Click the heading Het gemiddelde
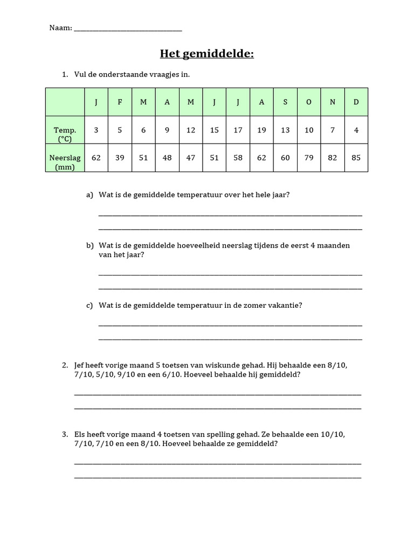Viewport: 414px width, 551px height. click(206, 54)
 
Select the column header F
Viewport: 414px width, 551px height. click(119, 102)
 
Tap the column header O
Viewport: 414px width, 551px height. click(308, 102)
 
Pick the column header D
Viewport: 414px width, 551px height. click(356, 102)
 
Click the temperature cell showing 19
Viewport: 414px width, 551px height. click(261, 130)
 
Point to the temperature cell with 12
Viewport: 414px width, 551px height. click(191, 130)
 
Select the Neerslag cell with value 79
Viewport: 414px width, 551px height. click(308, 158)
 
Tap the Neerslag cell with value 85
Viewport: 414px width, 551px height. click(356, 158)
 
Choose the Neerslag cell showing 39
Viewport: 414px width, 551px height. click(119, 158)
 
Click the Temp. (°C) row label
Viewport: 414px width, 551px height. click(65, 135)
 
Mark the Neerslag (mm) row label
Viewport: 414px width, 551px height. click(65, 163)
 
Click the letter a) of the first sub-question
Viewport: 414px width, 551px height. click(89, 195)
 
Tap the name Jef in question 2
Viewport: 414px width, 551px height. click(80, 365)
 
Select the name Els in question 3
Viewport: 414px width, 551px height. click(80, 434)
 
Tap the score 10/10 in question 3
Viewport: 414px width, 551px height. click(335, 434)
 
